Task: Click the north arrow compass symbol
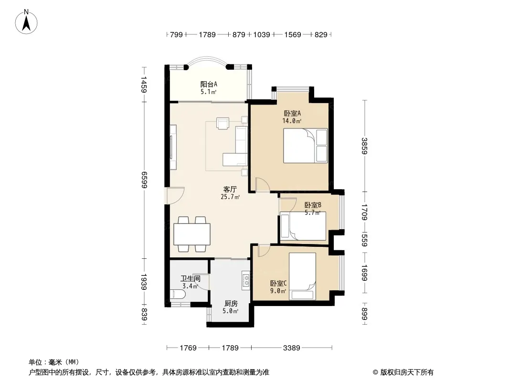click(26, 22)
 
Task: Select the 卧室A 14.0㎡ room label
click(292, 117)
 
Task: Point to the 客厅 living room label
click(230, 189)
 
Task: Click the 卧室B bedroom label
click(313, 205)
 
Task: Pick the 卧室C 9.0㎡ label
click(278, 287)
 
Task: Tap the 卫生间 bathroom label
click(190, 279)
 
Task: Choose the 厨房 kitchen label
click(231, 304)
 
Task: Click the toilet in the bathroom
click(178, 295)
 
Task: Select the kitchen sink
click(246, 281)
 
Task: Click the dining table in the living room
click(191, 234)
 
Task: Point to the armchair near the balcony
click(223, 124)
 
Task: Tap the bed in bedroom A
click(305, 146)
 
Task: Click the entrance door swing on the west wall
click(176, 195)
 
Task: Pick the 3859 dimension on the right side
click(364, 146)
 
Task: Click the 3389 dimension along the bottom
click(292, 348)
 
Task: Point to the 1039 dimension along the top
click(262, 34)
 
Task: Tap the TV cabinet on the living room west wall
click(173, 148)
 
